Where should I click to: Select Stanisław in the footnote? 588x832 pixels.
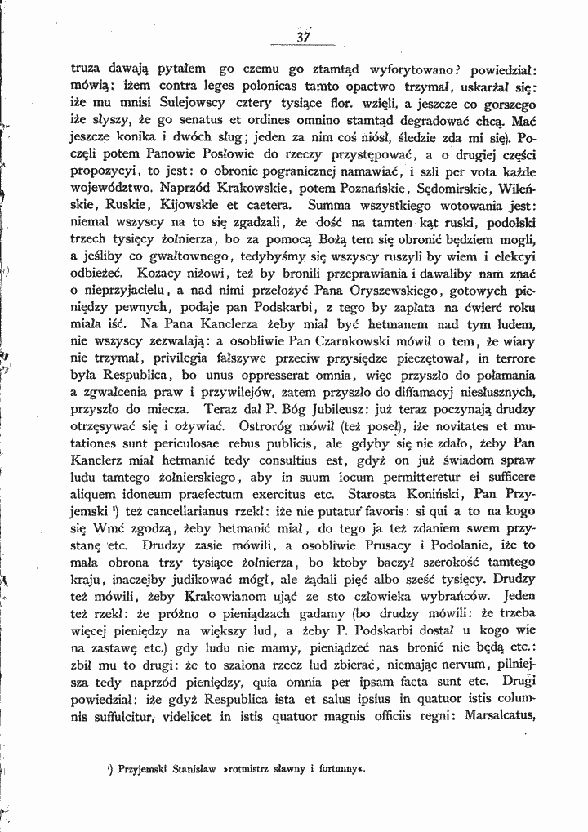tap(199, 768)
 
